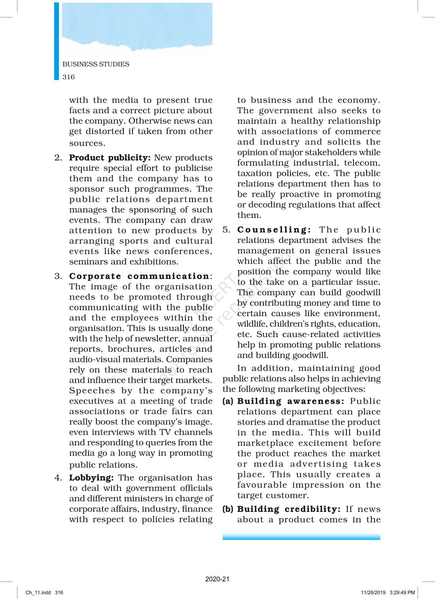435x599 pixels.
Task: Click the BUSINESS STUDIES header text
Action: [x=96, y=64]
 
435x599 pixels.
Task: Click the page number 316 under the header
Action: [x=68, y=77]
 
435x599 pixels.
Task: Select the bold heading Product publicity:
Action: [x=110, y=158]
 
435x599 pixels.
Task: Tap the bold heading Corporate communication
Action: [x=139, y=276]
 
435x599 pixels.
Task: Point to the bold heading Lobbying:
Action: [x=91, y=478]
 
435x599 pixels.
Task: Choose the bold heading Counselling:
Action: [x=274, y=230]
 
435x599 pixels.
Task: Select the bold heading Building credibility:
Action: [x=289, y=509]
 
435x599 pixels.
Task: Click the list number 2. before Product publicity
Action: [x=58, y=158]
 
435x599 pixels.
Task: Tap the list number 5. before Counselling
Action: [x=226, y=230]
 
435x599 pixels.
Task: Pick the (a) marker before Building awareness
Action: [x=228, y=401]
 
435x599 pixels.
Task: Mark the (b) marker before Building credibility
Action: [x=228, y=509]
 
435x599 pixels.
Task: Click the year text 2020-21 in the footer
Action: [x=217, y=579]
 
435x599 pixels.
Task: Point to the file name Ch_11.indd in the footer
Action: [x=38, y=593]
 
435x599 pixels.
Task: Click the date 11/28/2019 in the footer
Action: [x=373, y=593]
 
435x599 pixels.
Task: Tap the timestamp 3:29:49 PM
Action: [x=402, y=593]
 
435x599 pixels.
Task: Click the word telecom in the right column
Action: [x=361, y=163]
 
